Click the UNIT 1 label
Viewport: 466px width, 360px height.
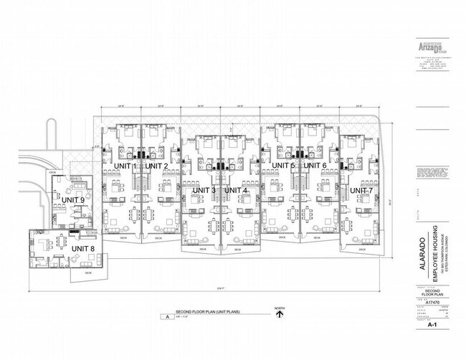(125, 166)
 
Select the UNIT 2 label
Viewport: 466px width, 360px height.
(156, 166)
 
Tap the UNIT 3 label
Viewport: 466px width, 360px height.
(204, 189)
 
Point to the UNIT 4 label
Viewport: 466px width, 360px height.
(236, 189)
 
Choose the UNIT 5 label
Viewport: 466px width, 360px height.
(283, 166)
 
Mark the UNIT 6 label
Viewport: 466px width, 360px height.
(315, 166)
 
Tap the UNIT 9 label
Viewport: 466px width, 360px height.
(72, 200)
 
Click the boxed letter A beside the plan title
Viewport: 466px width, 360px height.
(167, 316)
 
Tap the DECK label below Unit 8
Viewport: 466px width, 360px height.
(89, 273)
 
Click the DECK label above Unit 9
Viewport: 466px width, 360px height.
(52, 173)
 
